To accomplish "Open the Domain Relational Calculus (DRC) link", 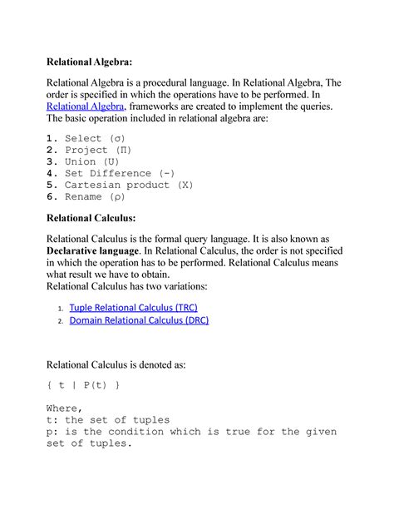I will point(139,320).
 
